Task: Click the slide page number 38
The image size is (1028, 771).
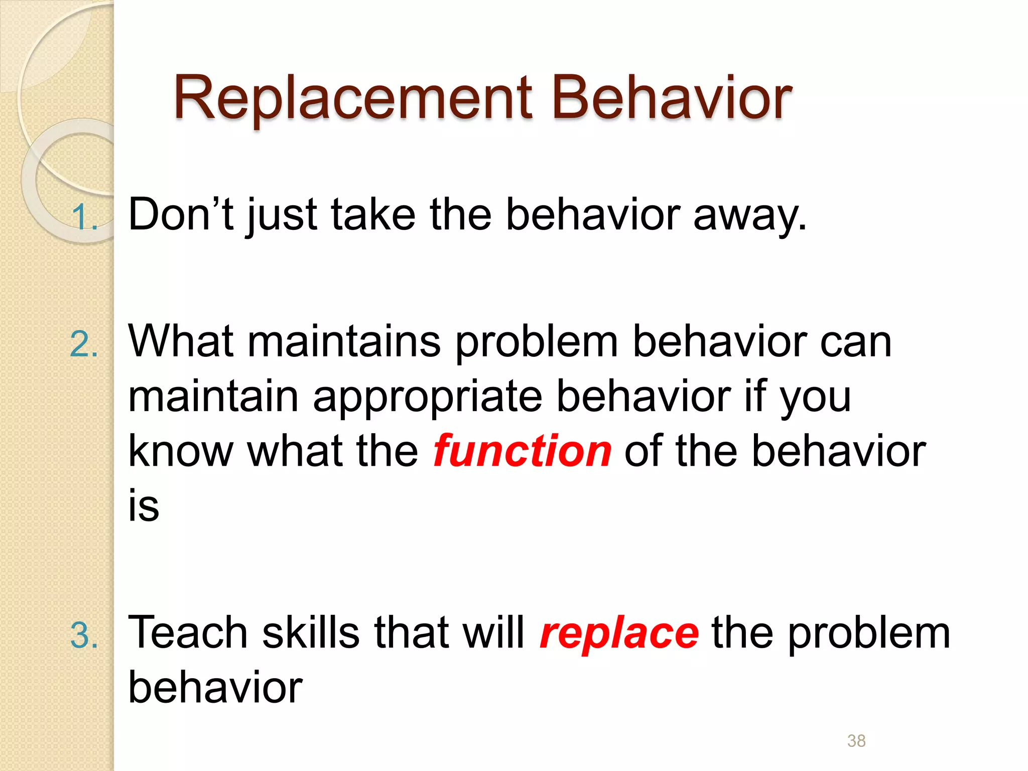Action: click(x=856, y=740)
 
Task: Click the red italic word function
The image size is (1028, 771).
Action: click(x=522, y=451)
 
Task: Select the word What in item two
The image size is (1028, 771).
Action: click(x=181, y=341)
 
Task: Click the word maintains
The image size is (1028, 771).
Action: click(x=344, y=341)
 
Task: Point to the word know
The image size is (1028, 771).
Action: click(x=181, y=451)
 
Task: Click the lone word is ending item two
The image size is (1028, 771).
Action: click(x=144, y=505)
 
